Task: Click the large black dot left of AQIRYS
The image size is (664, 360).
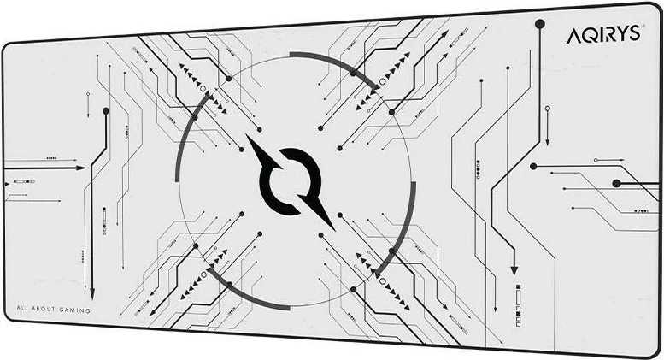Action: pos(540,25)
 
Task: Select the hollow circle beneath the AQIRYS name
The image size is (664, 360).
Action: pos(547,109)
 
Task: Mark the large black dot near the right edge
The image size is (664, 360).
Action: pos(616,183)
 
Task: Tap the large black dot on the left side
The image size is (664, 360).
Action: pos(106,110)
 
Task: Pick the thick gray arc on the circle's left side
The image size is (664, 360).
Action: pos(185,137)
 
